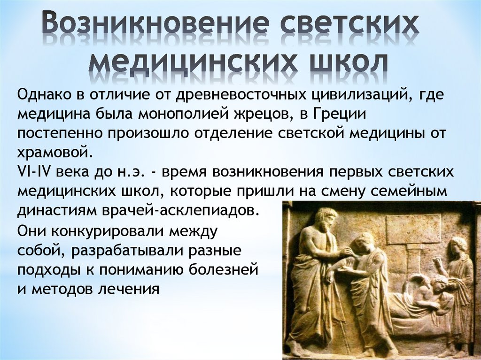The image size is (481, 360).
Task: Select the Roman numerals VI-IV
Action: click(x=34, y=171)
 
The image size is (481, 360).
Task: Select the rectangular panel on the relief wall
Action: click(x=413, y=229)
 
